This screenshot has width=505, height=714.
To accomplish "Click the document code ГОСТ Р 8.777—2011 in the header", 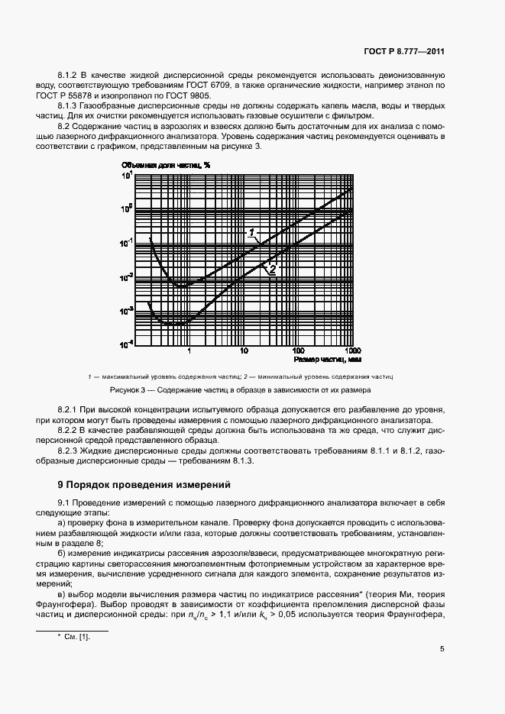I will (x=404, y=52).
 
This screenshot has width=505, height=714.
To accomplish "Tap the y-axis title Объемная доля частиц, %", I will (x=165, y=164).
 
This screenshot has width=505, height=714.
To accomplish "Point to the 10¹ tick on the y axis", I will (x=127, y=175).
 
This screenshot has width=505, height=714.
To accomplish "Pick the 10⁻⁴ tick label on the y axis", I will (x=126, y=344).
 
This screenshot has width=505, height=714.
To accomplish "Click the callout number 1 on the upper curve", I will (x=251, y=231).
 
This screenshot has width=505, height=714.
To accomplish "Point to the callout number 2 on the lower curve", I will (x=271, y=269).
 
